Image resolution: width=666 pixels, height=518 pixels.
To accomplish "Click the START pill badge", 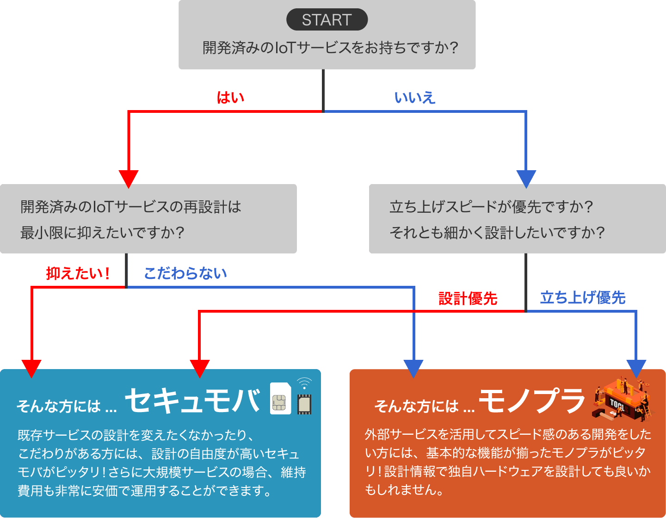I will pyautogui.click(x=327, y=20).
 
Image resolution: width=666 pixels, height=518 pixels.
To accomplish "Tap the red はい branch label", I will pyautogui.click(x=230, y=98).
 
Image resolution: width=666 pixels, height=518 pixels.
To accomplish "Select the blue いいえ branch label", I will pyautogui.click(x=415, y=98).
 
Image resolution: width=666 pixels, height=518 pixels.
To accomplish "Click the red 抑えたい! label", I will pyautogui.click(x=78, y=273).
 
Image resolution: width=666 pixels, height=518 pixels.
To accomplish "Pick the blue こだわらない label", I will pyautogui.click(x=185, y=273).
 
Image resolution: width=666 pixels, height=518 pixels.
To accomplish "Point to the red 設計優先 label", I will pyautogui.click(x=468, y=298).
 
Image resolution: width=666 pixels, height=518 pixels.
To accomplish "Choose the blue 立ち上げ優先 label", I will pyautogui.click(x=582, y=297).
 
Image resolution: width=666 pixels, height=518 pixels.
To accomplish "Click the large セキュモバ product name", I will pyautogui.click(x=192, y=400).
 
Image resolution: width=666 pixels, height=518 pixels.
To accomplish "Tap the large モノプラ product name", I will pyautogui.click(x=532, y=400).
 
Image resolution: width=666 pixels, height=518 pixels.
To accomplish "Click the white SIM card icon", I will pyautogui.click(x=280, y=399).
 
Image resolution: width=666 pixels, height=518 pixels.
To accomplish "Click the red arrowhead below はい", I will pyautogui.click(x=129, y=179).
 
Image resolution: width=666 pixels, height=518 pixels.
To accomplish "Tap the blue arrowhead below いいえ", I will pyautogui.click(x=526, y=179).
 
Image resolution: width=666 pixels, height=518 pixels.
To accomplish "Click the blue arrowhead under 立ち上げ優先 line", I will pyautogui.click(x=636, y=368).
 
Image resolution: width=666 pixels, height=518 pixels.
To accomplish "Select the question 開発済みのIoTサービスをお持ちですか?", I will pyautogui.click(x=330, y=48).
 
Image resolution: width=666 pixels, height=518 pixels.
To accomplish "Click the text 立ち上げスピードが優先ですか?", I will pyautogui.click(x=491, y=207).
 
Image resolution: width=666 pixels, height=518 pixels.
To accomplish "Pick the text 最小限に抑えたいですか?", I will pyautogui.click(x=102, y=232).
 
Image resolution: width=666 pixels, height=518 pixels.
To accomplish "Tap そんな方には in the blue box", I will pyautogui.click(x=59, y=406).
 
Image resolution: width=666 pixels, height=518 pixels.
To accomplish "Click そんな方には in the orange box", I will pyautogui.click(x=416, y=406).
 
